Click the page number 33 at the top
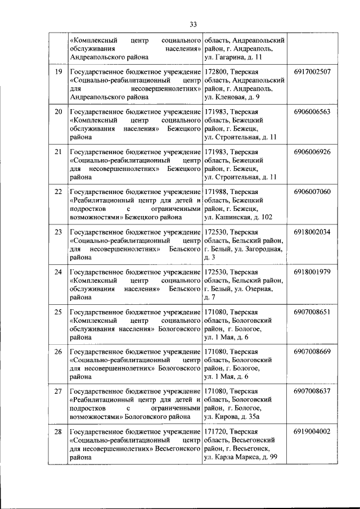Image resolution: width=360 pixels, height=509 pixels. click(193, 24)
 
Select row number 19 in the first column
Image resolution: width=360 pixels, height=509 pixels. click(58, 72)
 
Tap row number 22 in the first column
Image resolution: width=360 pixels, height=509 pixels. click(58, 192)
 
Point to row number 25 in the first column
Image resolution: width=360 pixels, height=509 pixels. click(58, 312)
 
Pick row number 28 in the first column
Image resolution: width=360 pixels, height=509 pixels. click(58, 432)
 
